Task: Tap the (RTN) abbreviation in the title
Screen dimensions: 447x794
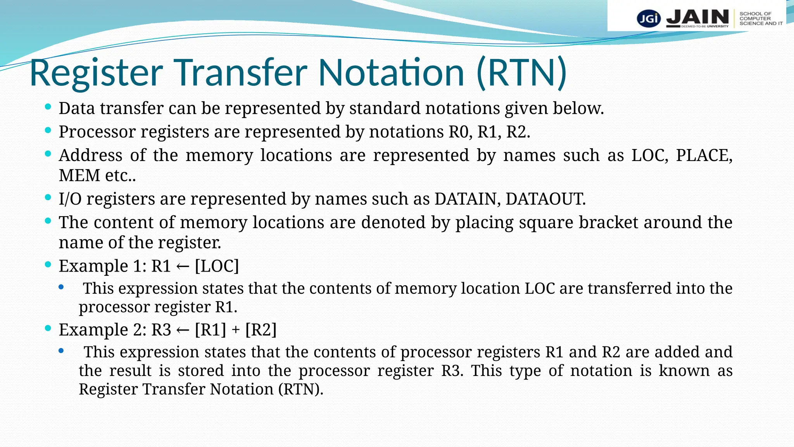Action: pyautogui.click(x=521, y=73)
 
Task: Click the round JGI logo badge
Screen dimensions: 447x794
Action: pyautogui.click(x=649, y=18)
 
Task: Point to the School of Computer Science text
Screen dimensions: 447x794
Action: pyautogui.click(x=760, y=19)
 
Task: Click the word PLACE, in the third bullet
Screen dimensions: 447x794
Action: pyautogui.click(x=704, y=156)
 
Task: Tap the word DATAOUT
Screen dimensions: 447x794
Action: pyautogui.click(x=545, y=199)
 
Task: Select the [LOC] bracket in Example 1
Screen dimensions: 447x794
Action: pyautogui.click(x=217, y=266)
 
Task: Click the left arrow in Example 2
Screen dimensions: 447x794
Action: pyautogui.click(x=183, y=331)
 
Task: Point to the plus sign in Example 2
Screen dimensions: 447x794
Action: pyautogui.click(x=236, y=331)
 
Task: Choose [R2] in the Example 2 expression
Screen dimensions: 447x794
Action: pyautogui.click(x=261, y=330)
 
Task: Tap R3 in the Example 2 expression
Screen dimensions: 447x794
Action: pyautogui.click(x=161, y=330)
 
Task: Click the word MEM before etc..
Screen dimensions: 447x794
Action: pyautogui.click(x=79, y=175)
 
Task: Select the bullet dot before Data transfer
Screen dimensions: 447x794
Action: pyautogui.click(x=48, y=107)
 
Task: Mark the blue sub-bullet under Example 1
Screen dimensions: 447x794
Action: pyautogui.click(x=61, y=288)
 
